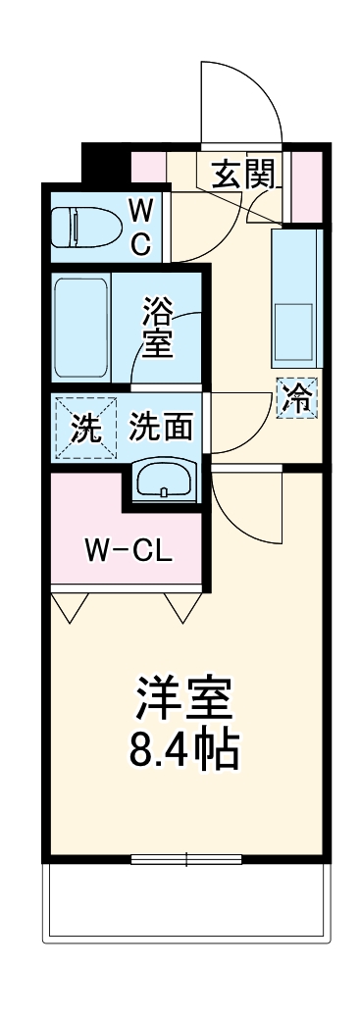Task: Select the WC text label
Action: (x=141, y=226)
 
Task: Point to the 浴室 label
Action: (x=157, y=329)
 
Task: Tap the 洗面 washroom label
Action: (x=160, y=428)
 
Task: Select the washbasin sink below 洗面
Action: (x=163, y=480)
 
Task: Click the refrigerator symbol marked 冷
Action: (x=297, y=399)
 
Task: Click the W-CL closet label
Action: (x=127, y=550)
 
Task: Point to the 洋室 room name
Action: (x=182, y=699)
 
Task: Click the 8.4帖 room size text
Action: (x=183, y=749)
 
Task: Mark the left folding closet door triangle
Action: (x=68, y=608)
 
